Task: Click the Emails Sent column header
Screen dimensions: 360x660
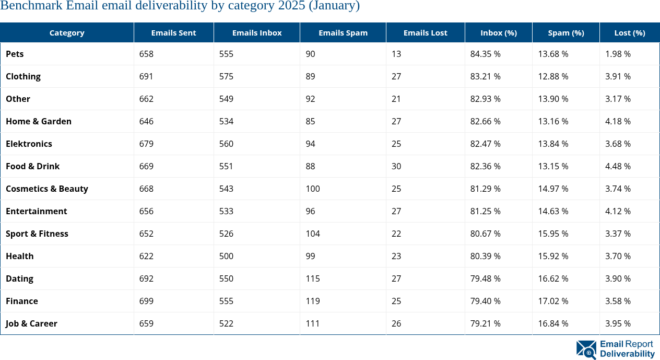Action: coord(173,32)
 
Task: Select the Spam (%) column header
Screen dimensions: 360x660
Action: coord(565,32)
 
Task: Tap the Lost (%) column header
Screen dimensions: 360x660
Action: coord(629,32)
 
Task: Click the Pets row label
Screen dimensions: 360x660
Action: coord(15,54)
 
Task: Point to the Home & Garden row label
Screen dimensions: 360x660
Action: coord(39,121)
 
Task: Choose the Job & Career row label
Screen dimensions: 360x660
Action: coord(31,323)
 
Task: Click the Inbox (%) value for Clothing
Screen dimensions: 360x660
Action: coord(485,76)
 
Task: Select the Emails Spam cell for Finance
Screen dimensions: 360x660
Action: coord(313,301)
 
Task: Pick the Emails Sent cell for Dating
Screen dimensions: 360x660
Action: coord(147,278)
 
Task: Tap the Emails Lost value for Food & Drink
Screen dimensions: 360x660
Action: coord(396,166)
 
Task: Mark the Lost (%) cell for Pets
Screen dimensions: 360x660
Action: coord(618,54)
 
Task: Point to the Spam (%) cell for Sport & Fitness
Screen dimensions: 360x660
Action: coord(553,234)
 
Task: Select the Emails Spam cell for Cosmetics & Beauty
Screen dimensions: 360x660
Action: coord(313,189)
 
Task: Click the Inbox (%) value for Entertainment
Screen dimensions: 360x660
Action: coord(485,211)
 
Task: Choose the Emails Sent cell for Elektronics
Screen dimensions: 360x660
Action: coord(147,144)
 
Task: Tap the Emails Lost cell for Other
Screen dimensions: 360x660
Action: coord(396,99)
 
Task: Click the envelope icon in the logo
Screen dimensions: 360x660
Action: coord(586,350)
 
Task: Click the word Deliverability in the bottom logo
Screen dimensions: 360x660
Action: coord(627,354)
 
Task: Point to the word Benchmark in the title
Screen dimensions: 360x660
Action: coord(31,6)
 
